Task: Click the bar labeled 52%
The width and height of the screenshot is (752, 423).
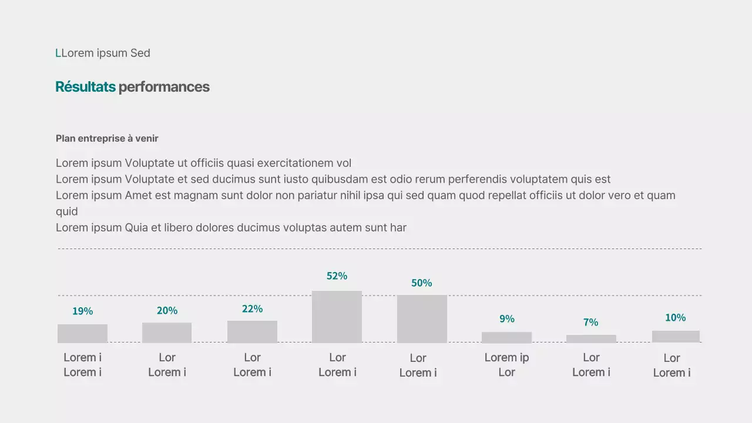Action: point(337,317)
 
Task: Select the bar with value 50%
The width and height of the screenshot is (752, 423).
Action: point(422,318)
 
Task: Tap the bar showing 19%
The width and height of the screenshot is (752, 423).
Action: point(82,333)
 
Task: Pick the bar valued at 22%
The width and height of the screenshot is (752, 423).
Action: point(252,331)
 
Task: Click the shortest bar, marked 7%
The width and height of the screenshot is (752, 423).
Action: point(591,338)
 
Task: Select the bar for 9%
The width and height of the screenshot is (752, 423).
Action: point(506,337)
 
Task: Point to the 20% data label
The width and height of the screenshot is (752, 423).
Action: point(167,311)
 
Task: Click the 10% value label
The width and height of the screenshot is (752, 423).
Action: point(675,318)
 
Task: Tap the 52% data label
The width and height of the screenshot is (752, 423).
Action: point(337,276)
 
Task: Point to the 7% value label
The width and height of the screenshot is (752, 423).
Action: point(590,323)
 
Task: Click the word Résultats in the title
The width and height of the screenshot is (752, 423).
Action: point(85,87)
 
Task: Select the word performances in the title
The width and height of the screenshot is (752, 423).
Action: point(164,87)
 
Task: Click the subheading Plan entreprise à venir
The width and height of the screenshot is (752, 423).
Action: point(107,139)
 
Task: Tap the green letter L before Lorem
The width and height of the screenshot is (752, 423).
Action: point(58,53)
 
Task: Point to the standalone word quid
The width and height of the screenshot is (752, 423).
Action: point(66,211)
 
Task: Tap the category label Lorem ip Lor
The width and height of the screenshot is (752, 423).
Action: point(506,365)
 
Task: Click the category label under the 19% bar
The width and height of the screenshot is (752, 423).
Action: point(82,365)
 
